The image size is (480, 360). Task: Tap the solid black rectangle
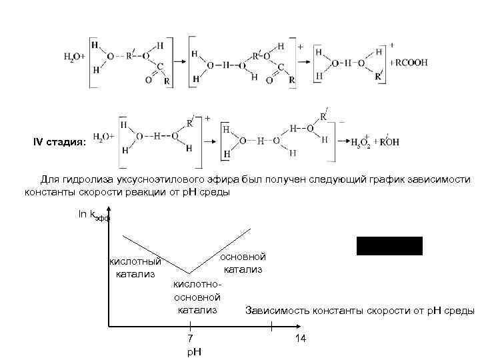click(x=389, y=246)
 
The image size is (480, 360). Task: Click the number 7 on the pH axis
click(x=190, y=339)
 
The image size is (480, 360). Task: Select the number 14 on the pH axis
click(x=300, y=339)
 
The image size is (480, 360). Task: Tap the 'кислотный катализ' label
click(x=135, y=267)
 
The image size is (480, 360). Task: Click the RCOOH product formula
click(x=411, y=63)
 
